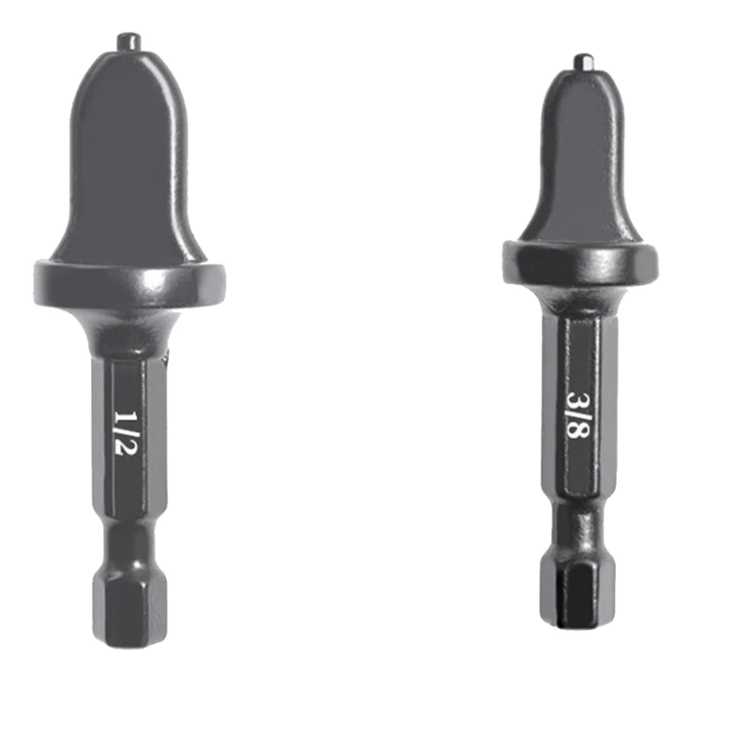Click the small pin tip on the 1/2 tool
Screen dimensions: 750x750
coord(128,41)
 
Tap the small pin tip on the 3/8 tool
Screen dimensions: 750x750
coord(582,63)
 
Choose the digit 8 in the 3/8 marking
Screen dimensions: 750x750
coord(578,434)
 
